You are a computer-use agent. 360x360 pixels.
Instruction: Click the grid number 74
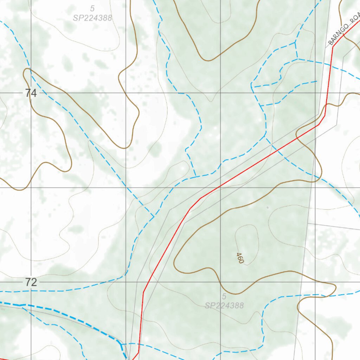point(31,93)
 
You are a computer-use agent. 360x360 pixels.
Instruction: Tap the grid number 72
point(31,282)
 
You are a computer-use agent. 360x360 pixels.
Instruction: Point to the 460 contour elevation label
point(240,258)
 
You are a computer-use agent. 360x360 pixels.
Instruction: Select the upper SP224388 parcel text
point(92,18)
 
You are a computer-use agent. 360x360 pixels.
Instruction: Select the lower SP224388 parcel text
point(224,306)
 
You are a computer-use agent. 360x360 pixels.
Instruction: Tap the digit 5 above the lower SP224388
point(224,296)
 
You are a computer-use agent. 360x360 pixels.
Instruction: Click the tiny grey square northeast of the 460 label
point(268,208)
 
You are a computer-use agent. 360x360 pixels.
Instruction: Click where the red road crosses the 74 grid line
point(327,93)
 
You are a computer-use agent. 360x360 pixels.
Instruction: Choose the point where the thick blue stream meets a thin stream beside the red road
point(122,344)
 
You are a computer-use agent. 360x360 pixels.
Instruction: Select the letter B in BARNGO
point(330,43)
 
